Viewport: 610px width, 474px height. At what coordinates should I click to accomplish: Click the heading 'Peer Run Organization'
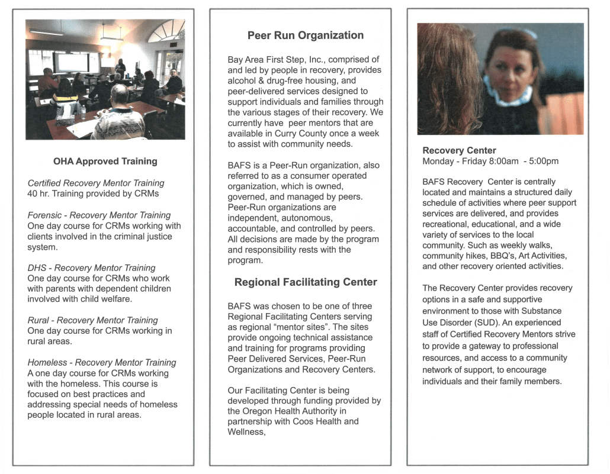point(306,36)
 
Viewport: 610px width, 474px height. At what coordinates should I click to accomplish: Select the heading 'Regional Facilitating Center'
point(306,282)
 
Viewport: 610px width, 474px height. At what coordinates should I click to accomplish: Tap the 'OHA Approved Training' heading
point(105,161)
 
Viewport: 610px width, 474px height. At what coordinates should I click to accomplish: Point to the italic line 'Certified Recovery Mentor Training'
point(96,183)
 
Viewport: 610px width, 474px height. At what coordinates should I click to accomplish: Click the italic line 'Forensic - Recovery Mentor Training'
point(99,215)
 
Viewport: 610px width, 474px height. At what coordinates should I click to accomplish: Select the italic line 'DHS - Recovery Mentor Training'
point(91,268)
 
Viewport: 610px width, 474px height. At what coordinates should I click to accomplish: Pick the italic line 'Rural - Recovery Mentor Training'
point(92,320)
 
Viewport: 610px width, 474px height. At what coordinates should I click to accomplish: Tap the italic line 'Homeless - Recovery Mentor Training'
point(102,362)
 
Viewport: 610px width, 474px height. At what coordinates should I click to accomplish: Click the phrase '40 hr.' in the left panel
point(39,194)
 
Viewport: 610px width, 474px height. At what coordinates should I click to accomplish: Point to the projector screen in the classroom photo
point(71,62)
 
